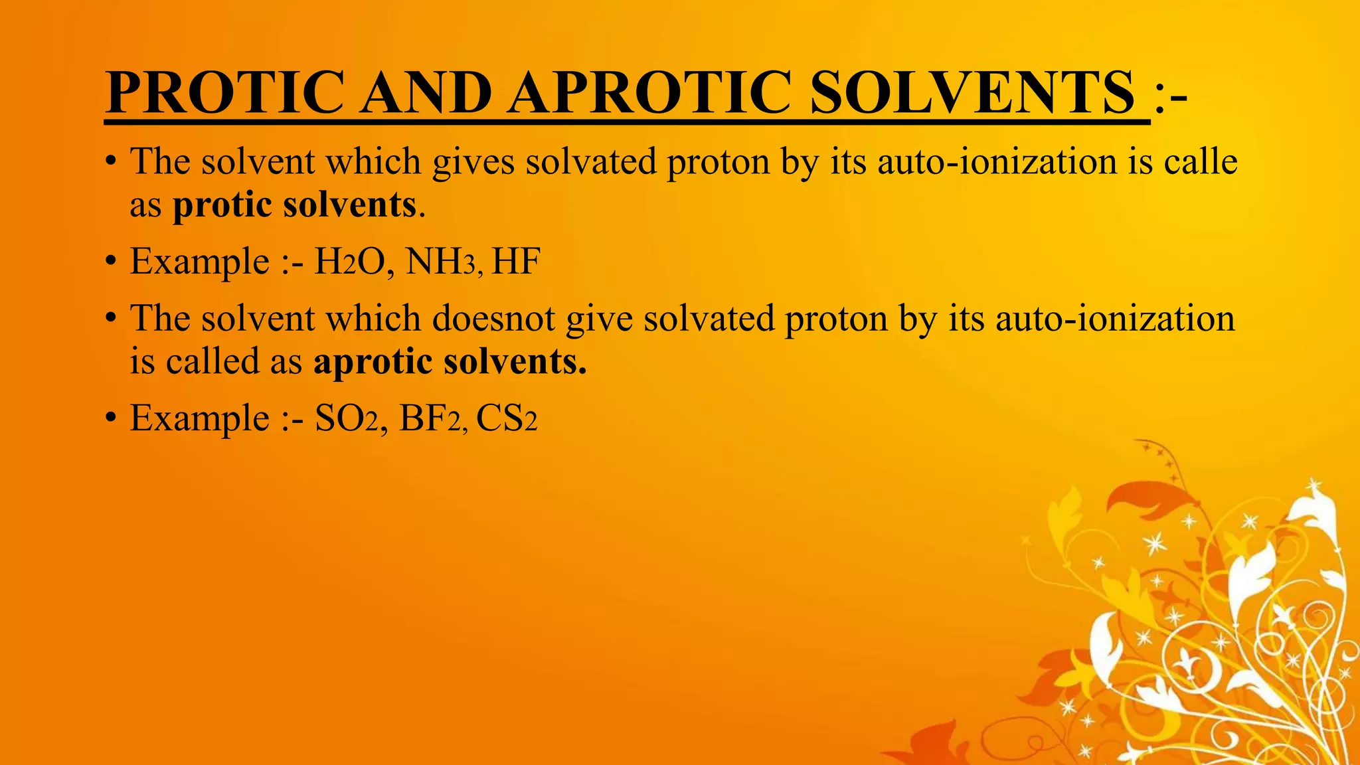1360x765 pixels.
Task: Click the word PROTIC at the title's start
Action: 224,93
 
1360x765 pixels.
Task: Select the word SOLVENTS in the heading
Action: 972,93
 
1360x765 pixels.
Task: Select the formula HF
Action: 516,261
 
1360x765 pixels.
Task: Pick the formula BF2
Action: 430,418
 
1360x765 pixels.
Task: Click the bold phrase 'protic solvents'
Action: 294,205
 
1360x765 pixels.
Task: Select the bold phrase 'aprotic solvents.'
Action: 450,362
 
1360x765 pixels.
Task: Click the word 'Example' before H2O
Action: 199,262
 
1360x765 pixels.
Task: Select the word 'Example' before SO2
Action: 199,419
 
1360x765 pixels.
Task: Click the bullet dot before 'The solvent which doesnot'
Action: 111,319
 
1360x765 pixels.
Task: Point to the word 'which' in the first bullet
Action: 373,161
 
